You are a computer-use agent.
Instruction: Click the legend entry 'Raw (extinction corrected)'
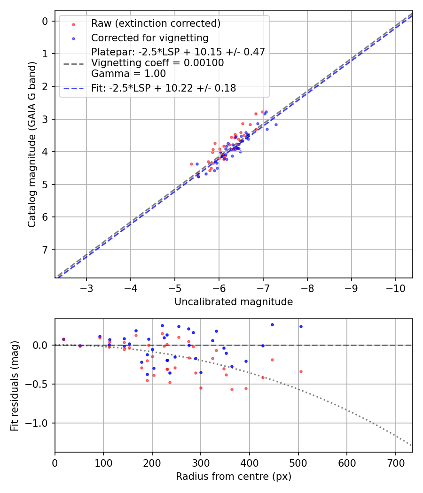coord(156,23)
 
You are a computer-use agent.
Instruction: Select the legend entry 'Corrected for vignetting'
coord(149,38)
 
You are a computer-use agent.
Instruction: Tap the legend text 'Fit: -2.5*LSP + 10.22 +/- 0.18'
coord(164,88)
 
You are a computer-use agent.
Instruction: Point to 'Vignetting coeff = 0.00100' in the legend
coord(157,62)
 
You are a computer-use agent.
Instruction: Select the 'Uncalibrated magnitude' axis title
coord(234,302)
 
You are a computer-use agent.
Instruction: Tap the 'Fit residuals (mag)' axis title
coord(15,385)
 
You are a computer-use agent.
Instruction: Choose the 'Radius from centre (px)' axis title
coord(234,477)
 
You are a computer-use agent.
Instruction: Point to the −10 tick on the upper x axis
coord(395,287)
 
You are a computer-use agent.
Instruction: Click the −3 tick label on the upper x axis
coord(86,287)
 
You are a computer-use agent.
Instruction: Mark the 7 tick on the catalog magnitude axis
coord(45,249)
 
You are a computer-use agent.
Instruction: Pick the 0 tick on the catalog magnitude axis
coord(45,21)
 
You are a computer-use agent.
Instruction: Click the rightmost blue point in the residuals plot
coord(301,326)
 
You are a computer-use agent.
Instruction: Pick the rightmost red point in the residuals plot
coord(301,371)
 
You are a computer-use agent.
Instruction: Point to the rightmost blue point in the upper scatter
coord(276,124)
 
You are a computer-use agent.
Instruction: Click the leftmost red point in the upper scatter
coord(191,164)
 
